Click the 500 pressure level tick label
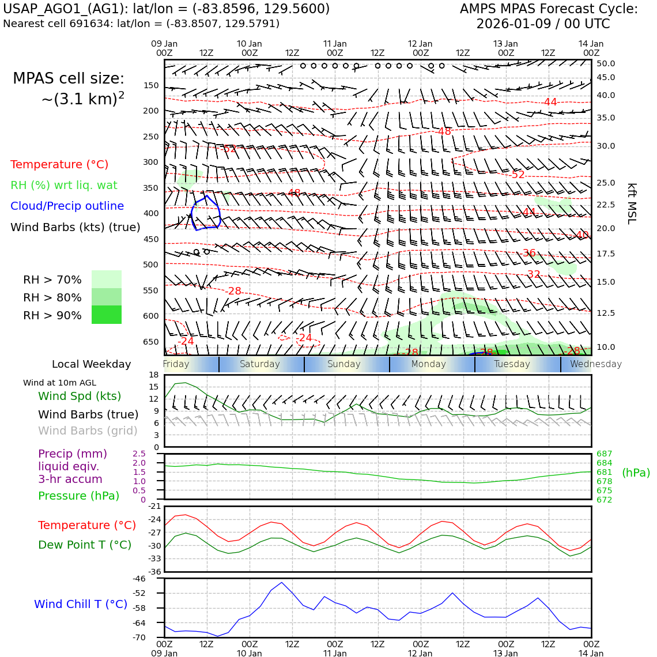pyautogui.click(x=150, y=265)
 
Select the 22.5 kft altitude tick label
pyautogui.click(x=605, y=205)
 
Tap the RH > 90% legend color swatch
pyautogui.click(x=107, y=315)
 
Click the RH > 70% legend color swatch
pyautogui.click(x=107, y=279)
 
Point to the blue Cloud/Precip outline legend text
pyautogui.click(x=67, y=206)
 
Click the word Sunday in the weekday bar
pyautogui.click(x=343, y=364)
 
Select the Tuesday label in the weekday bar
pyautogui.click(x=512, y=364)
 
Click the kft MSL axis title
pyautogui.click(x=632, y=203)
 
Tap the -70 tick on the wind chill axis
pyautogui.click(x=139, y=637)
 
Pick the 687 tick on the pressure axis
pyautogui.click(x=604, y=454)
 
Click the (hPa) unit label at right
pyautogui.click(x=636, y=473)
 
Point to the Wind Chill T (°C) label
pyautogui.click(x=81, y=604)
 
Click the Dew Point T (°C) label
pyautogui.click(x=85, y=545)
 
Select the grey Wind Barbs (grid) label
pyautogui.click(x=88, y=431)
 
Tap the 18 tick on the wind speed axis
pyautogui.click(x=153, y=375)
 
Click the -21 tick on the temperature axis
pyautogui.click(x=154, y=507)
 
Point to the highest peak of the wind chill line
pyautogui.click(x=281, y=582)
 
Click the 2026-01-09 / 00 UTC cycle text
pyautogui.click(x=543, y=24)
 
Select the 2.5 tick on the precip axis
pyautogui.click(x=139, y=454)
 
